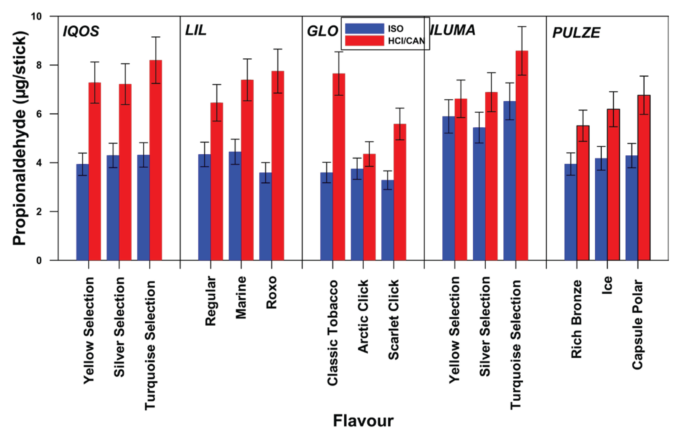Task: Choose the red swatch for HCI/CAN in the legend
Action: click(x=364, y=41)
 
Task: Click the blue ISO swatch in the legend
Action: click(x=364, y=29)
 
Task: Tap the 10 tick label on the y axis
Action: click(x=36, y=17)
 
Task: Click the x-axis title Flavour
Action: click(x=363, y=421)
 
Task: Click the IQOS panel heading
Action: click(x=81, y=31)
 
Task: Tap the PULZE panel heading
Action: click(x=576, y=33)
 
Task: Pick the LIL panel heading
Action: click(x=196, y=30)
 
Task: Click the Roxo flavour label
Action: click(x=272, y=292)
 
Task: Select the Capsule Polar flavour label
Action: click(x=638, y=325)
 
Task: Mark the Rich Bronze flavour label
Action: click(x=576, y=319)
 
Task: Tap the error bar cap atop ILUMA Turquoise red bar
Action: click(x=522, y=27)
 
